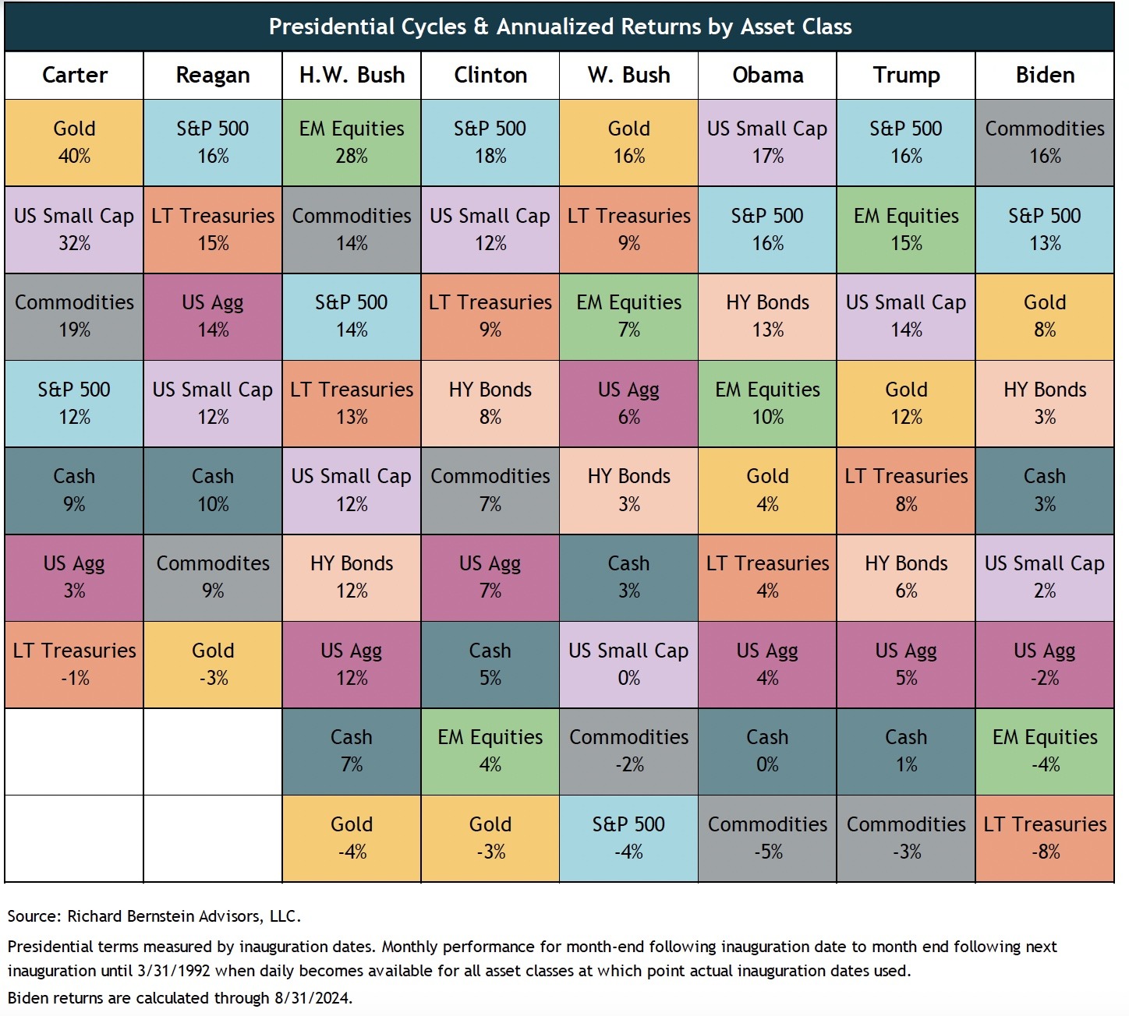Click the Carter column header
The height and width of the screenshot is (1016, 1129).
coord(74,75)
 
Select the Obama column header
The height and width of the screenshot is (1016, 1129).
coord(767,75)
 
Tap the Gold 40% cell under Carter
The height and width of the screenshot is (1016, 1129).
coord(74,142)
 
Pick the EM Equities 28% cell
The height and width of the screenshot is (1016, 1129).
coord(352,142)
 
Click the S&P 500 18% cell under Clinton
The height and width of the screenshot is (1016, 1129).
coord(490,142)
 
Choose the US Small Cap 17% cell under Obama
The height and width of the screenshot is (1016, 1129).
coord(767,142)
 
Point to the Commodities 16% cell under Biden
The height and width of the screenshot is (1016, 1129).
coord(1045,142)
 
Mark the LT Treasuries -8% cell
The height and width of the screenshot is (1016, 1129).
coord(1045,838)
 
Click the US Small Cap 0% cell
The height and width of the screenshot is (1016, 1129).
coord(628,664)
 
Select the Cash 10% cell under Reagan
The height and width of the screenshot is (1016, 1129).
coord(213,490)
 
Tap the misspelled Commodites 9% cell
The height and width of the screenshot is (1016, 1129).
coord(213,577)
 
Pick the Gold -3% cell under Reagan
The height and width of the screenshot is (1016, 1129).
coord(213,664)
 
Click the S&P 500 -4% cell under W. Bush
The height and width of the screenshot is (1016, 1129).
coord(628,838)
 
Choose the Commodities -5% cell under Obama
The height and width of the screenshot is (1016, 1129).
coord(767,838)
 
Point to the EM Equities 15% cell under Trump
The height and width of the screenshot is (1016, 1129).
coord(906,229)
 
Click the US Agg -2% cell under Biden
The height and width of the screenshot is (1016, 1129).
coord(1045,664)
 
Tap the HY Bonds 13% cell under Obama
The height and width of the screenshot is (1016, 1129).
coord(767,316)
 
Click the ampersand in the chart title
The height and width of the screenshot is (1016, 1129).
coord(481,27)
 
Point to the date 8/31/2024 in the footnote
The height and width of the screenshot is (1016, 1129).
coord(312,998)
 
